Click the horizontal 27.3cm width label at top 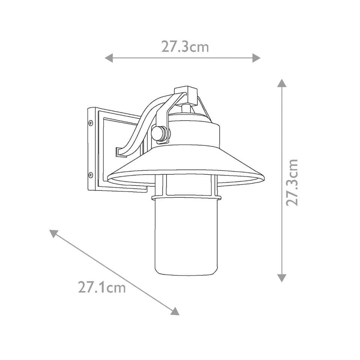(x=185, y=47)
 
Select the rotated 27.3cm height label (x=291, y=182)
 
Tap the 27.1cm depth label (x=102, y=288)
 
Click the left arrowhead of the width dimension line (x=108, y=58)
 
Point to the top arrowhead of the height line (x=282, y=83)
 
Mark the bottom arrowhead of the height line (x=282, y=278)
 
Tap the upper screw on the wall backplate (x=90, y=122)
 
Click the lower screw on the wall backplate (x=90, y=175)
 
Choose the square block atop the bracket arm (x=186, y=94)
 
